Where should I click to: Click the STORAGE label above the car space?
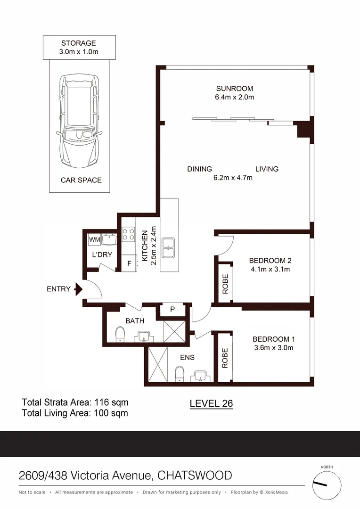pos(79,42)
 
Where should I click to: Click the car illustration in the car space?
pos(80,121)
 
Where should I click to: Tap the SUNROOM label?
pos(234,89)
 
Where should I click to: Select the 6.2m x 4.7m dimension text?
pos(232,178)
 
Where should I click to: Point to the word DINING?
pos(199,169)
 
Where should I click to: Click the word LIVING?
pos(267,169)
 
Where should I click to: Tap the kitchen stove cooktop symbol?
pos(128,234)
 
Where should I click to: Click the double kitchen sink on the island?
pos(169,247)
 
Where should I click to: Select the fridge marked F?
pos(129,263)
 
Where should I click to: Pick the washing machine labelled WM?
pos(94,240)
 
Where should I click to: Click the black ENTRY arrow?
pos(79,289)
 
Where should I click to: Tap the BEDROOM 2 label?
pos(270,261)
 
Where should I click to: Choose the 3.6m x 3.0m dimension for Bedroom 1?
pos(273,348)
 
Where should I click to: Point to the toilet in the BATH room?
pos(120,335)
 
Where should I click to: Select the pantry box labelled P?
pos(172,310)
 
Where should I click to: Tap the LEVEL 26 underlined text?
pos(211,403)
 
